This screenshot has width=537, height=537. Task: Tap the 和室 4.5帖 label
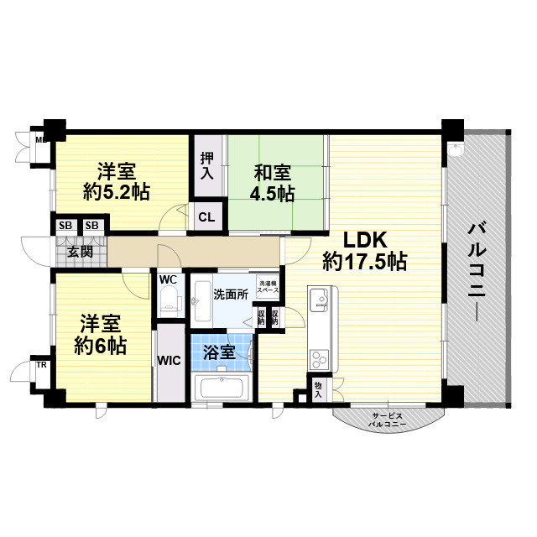point(274,184)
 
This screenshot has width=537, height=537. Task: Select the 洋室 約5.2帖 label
point(117,180)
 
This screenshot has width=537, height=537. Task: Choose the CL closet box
point(206,217)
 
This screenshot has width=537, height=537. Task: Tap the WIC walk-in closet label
point(168,362)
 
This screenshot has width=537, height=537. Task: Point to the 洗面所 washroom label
point(230,295)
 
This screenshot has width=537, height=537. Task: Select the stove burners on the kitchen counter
point(320,360)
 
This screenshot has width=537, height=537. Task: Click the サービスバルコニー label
point(388,420)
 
